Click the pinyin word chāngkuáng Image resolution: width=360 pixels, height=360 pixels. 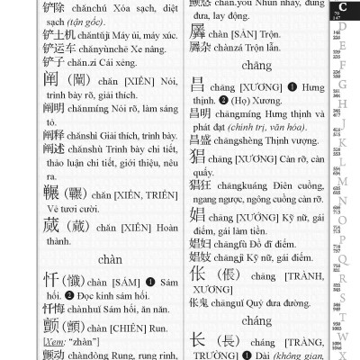coord(241,188)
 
